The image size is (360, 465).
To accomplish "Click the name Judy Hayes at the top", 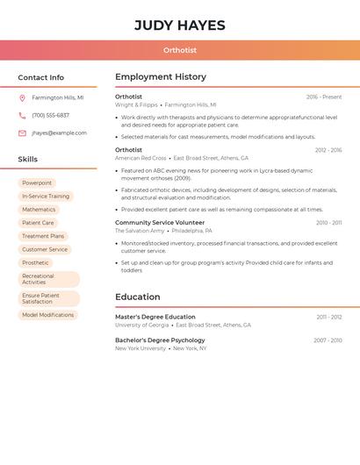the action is coord(180,25).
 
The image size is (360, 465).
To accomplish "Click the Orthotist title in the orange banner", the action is coord(180,50).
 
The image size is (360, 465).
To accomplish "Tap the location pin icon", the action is coord(22,97).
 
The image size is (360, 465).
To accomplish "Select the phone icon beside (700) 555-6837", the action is coord(22,115).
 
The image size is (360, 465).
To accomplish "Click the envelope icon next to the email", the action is coord(22,133).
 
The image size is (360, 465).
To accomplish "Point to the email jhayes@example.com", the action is coord(59,133).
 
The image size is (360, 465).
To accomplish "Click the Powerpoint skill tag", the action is coord(37,182).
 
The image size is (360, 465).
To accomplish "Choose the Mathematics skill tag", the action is coord(39,210).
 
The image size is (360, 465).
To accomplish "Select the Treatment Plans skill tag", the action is coord(43,236).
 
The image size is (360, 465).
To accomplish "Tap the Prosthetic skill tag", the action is coord(35,262).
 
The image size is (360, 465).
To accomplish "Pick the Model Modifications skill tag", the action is coord(47,315).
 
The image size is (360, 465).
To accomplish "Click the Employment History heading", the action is coord(161,77).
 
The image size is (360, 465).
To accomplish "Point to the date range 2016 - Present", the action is coord(324,97).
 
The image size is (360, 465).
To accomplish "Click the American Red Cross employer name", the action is coord(140,158).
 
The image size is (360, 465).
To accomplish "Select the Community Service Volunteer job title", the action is coord(160,223).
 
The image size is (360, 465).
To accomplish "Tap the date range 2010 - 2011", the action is coord(328,223).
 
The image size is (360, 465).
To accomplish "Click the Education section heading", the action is coord(138,297).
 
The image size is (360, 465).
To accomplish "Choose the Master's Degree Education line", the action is coord(155,317).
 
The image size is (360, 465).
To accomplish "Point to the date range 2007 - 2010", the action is coord(328,340).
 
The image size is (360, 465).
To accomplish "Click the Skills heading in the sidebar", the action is coord(28,160).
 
